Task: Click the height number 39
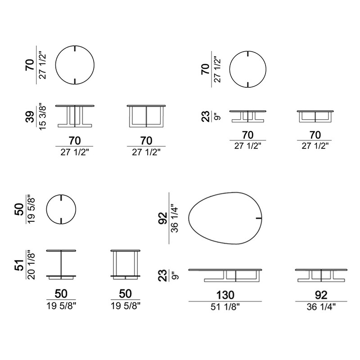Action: click(x=30, y=117)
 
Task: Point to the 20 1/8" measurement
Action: click(x=31, y=265)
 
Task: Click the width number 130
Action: click(x=225, y=295)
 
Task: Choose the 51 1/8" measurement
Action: click(x=225, y=307)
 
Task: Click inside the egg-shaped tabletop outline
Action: click(x=225, y=218)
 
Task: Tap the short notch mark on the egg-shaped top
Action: click(x=259, y=218)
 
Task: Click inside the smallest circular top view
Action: click(x=61, y=209)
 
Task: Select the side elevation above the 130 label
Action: click(x=225, y=275)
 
